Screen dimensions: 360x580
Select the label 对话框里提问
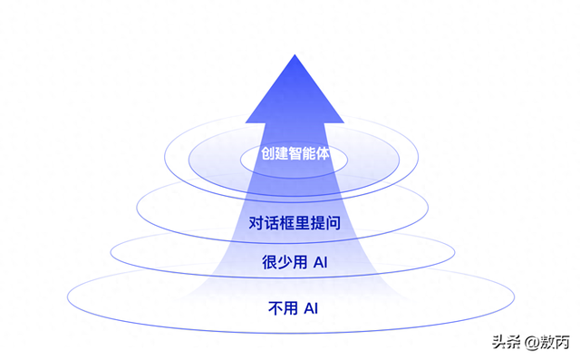294,222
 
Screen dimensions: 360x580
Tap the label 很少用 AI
294,264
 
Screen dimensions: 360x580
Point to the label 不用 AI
294,308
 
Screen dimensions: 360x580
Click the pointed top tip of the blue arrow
294,56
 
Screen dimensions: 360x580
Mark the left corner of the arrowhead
246,123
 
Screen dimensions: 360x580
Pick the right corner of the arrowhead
343,123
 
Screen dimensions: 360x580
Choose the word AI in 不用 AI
310,308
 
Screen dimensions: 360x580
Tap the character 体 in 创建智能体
322,154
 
